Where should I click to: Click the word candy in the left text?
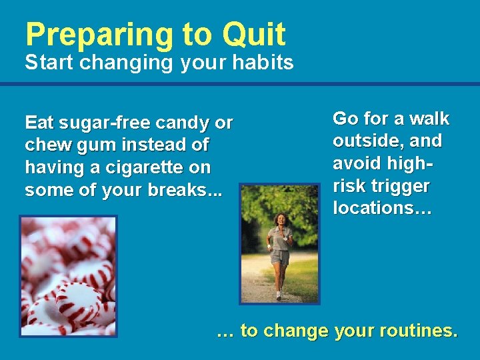(183, 123)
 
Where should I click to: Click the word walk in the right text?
(429, 119)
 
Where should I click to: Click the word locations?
(377, 207)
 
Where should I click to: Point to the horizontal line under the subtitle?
(240, 84)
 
